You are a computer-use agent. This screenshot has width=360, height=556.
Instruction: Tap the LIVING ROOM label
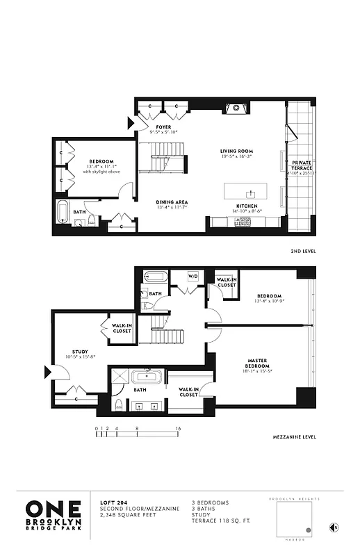tap(236, 151)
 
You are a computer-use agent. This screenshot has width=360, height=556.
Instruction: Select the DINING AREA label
tap(172, 202)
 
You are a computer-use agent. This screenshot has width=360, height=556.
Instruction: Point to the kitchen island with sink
tap(245, 190)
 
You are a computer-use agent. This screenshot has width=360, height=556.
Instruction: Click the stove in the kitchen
tap(243, 222)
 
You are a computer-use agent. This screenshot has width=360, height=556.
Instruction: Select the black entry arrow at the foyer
tap(131, 124)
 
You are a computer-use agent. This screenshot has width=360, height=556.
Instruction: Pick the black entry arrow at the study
tap(48, 373)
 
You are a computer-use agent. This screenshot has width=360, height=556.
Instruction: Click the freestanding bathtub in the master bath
tap(148, 379)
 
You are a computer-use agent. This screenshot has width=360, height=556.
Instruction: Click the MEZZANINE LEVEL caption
tap(295, 437)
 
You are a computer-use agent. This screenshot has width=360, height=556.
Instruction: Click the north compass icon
tap(334, 527)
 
